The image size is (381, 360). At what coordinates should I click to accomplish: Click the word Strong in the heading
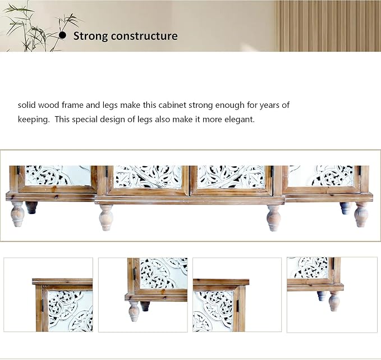(x=91, y=36)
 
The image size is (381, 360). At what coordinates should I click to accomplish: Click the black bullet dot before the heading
(x=62, y=35)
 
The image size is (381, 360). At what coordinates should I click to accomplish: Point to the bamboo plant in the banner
(x=36, y=28)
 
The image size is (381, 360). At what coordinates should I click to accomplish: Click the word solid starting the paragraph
(x=27, y=105)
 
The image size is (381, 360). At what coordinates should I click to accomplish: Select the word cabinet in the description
(x=172, y=105)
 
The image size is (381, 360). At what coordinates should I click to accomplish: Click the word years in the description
(x=269, y=106)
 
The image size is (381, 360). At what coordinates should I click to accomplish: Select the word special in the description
(x=85, y=120)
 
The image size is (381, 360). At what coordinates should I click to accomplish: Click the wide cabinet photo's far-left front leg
(x=17, y=214)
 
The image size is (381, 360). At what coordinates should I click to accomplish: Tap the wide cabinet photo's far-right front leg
(x=361, y=215)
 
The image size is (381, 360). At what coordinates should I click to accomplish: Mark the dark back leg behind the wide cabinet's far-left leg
(x=31, y=207)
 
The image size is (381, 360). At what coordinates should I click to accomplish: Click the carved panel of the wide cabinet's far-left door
(x=58, y=175)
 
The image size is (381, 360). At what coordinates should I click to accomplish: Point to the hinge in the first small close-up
(x=43, y=306)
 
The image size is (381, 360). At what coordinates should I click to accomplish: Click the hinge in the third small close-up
(x=237, y=306)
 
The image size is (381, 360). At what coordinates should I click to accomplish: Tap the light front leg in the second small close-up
(x=134, y=311)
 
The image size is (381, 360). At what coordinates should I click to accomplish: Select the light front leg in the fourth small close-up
(x=334, y=301)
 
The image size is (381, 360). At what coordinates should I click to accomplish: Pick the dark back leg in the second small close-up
(x=145, y=306)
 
